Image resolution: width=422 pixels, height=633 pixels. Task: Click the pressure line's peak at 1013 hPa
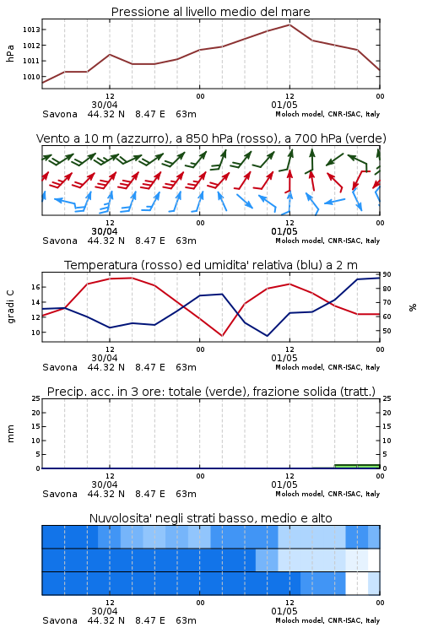click(x=289, y=24)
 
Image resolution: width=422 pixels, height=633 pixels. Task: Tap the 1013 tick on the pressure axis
click(x=31, y=30)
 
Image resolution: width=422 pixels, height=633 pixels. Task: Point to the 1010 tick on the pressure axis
click(x=31, y=77)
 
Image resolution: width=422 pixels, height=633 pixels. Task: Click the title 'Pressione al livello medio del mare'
click(x=210, y=12)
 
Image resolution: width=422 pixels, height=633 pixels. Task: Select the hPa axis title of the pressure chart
click(x=10, y=53)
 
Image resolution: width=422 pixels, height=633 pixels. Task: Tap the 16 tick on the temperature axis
click(x=35, y=287)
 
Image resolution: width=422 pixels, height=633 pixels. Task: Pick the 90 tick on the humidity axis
click(x=387, y=274)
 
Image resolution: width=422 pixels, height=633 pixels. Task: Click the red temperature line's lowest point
click(x=222, y=336)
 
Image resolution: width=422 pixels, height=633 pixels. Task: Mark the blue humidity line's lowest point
click(x=268, y=336)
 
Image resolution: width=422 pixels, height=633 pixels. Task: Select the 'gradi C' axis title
click(x=10, y=306)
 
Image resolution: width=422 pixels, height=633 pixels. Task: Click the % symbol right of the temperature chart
click(x=413, y=307)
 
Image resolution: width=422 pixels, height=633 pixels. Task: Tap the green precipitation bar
click(x=357, y=466)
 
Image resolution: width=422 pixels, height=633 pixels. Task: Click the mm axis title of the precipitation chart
click(x=10, y=434)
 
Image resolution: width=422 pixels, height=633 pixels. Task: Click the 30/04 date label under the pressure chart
click(x=104, y=105)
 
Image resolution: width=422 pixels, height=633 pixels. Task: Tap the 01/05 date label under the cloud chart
click(x=284, y=611)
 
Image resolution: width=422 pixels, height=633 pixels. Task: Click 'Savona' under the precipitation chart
click(x=60, y=494)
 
